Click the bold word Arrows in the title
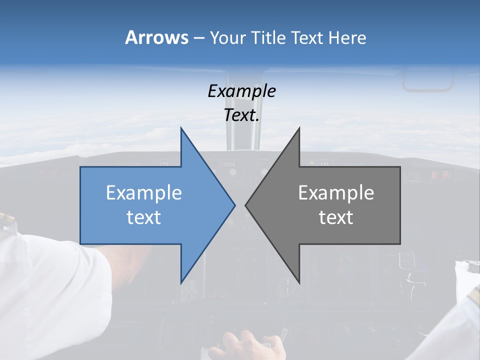point(156,37)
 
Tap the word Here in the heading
point(348,37)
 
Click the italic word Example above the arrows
point(241,91)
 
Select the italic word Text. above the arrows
point(241,115)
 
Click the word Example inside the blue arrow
point(144,192)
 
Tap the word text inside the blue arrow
point(144,217)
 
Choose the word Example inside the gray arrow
point(336,192)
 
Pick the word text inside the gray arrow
point(336,217)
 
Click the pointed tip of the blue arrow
point(234,205)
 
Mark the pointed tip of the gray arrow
point(245,205)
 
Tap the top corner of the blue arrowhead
point(181,128)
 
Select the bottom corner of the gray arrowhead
point(299,283)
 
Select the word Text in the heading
point(306,37)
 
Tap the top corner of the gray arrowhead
point(299,128)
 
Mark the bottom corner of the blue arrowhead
point(181,283)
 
